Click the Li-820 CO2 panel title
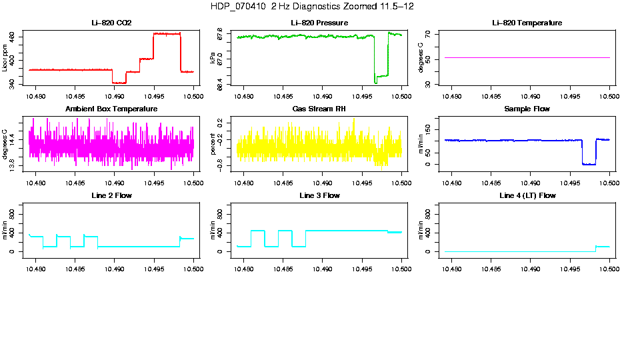[x=111, y=23]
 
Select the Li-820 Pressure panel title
[x=319, y=23]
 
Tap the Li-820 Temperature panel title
[x=527, y=23]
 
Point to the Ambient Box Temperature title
[x=111, y=109]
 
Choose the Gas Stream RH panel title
[x=319, y=109]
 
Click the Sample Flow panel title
[x=527, y=109]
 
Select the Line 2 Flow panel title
[x=111, y=195]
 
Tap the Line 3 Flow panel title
[x=319, y=195]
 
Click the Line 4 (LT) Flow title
[x=527, y=195]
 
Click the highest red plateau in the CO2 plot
[x=167, y=33]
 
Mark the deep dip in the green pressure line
[x=376, y=81]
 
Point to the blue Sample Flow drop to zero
[x=589, y=163]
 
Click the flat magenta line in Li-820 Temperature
[x=527, y=58]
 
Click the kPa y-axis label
[x=213, y=59]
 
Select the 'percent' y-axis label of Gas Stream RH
[x=213, y=144]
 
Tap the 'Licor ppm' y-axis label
[x=5, y=59]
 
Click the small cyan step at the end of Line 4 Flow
[x=603, y=247]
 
